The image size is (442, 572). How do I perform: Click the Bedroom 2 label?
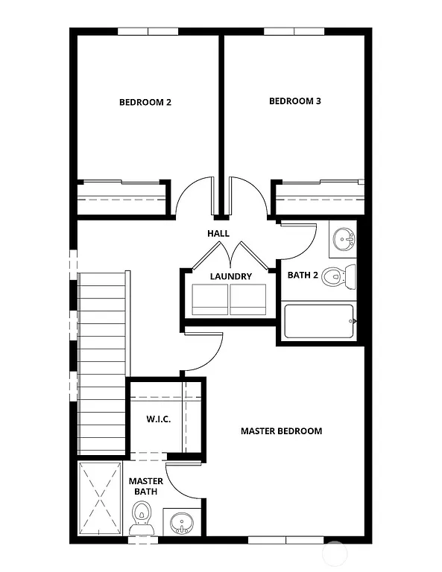pos(145,102)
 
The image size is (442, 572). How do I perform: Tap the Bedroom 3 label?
pos(294,101)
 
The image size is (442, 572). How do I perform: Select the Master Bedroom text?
pos(281,431)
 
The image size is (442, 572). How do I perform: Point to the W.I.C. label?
pos(158,419)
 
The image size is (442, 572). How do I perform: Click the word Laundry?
pos(230,276)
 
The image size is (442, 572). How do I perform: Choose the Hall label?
pos(218,234)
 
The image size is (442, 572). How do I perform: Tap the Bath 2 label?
pos(303,276)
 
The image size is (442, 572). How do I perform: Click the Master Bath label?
pos(145,486)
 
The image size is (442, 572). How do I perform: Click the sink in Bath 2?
pos(344,240)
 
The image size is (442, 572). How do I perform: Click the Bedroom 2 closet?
pos(121,197)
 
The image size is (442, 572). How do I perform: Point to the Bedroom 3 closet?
pos(319,197)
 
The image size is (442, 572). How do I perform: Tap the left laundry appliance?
pos(210,299)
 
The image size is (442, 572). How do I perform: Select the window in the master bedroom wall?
pos(277,539)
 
